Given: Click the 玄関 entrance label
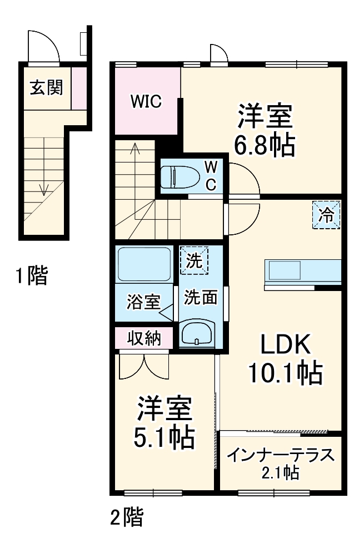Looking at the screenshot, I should pyautogui.click(x=46, y=87).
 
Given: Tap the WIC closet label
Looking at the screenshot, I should pyautogui.click(x=146, y=101).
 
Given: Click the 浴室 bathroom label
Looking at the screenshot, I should pyautogui.click(x=143, y=302).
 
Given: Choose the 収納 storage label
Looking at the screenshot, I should pyautogui.click(x=144, y=337).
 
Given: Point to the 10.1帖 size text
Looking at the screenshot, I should pyautogui.click(x=286, y=373).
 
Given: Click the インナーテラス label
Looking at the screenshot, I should pyautogui.click(x=281, y=455).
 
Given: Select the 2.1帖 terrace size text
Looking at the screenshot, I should pyautogui.click(x=281, y=473).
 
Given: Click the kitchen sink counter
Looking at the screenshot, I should pyautogui.click(x=302, y=272).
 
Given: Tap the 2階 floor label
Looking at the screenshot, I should pyautogui.click(x=126, y=517).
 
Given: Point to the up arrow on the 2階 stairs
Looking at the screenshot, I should pyautogui.click(x=135, y=149).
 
